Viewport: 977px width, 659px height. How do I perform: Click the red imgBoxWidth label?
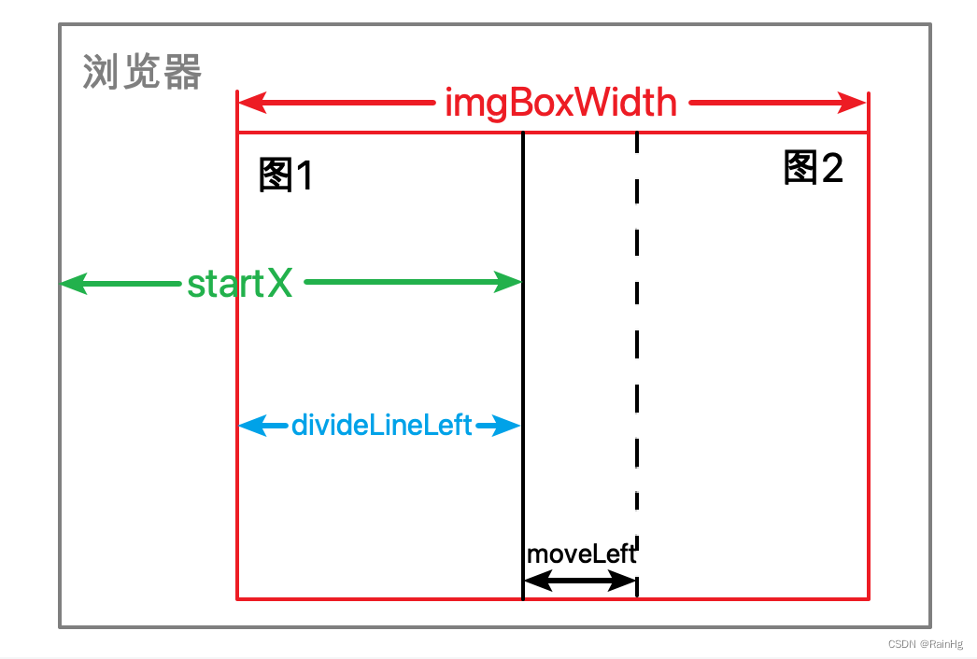click(x=560, y=103)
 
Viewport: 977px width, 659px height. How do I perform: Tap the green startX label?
click(x=240, y=284)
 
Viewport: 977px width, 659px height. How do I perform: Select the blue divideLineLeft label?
click(x=382, y=426)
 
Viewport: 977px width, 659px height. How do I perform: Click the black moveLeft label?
click(x=581, y=554)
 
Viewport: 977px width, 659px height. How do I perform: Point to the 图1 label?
click(x=285, y=175)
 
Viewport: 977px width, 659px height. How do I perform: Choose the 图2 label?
click(x=813, y=168)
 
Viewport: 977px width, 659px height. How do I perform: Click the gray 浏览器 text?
click(x=142, y=72)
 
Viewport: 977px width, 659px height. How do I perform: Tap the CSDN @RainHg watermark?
click(x=925, y=644)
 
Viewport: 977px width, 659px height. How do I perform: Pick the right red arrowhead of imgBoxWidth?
click(x=854, y=103)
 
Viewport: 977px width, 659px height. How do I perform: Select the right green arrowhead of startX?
click(x=508, y=282)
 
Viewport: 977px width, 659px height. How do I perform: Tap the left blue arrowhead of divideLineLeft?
click(x=250, y=427)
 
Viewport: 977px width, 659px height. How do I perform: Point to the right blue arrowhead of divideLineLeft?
click(x=507, y=427)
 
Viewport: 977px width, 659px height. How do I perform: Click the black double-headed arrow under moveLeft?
click(x=580, y=582)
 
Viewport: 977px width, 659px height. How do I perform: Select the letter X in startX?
click(x=279, y=284)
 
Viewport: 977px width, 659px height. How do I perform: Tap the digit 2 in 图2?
click(x=830, y=168)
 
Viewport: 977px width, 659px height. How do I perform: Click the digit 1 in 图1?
click(x=302, y=175)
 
